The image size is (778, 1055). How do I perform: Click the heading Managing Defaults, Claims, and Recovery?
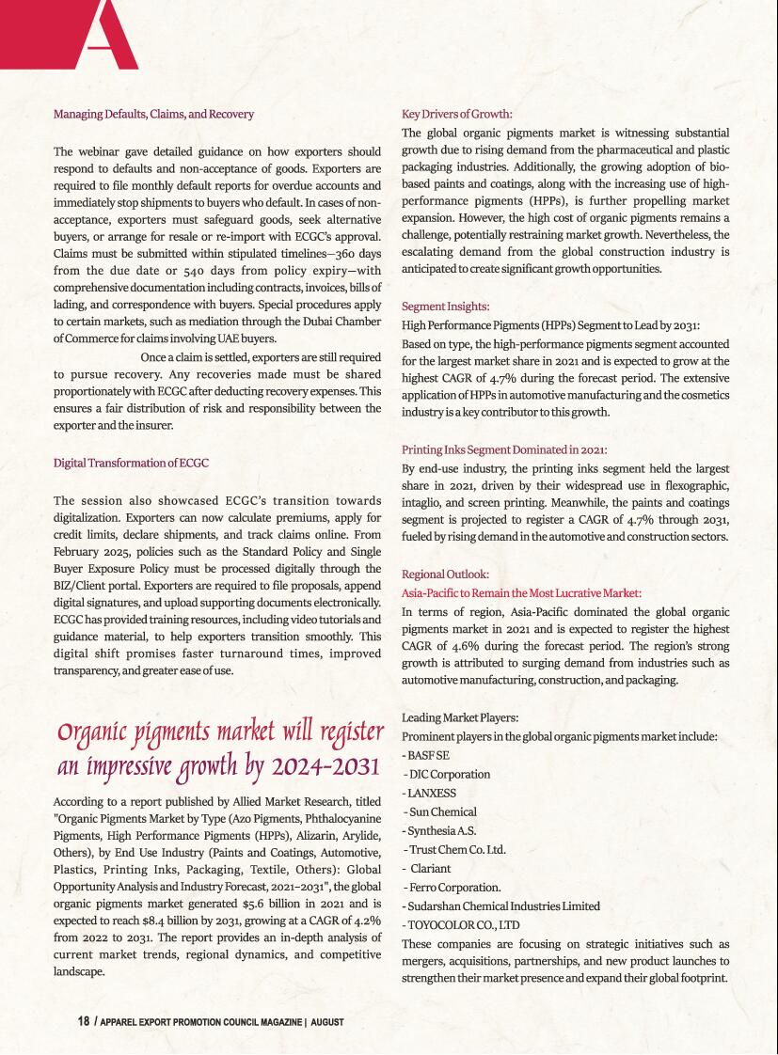pyautogui.click(x=153, y=114)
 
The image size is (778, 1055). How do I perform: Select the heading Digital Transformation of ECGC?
pyautogui.click(x=131, y=463)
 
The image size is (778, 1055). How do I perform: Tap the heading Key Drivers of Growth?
pyautogui.click(x=456, y=115)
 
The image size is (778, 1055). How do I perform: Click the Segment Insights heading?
pyautogui.click(x=445, y=307)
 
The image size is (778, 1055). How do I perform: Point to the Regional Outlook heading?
pyautogui.click(x=445, y=574)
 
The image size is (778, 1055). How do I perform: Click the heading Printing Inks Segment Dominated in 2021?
pyautogui.click(x=503, y=449)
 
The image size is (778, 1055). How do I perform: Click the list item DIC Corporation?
pyautogui.click(x=448, y=774)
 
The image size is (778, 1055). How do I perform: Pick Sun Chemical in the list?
pyautogui.click(x=441, y=811)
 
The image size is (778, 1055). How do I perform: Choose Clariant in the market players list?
pyautogui.click(x=431, y=868)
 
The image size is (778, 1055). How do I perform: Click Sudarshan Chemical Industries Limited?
pyautogui.click(x=502, y=906)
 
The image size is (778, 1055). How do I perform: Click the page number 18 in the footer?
pyautogui.click(x=83, y=1021)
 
